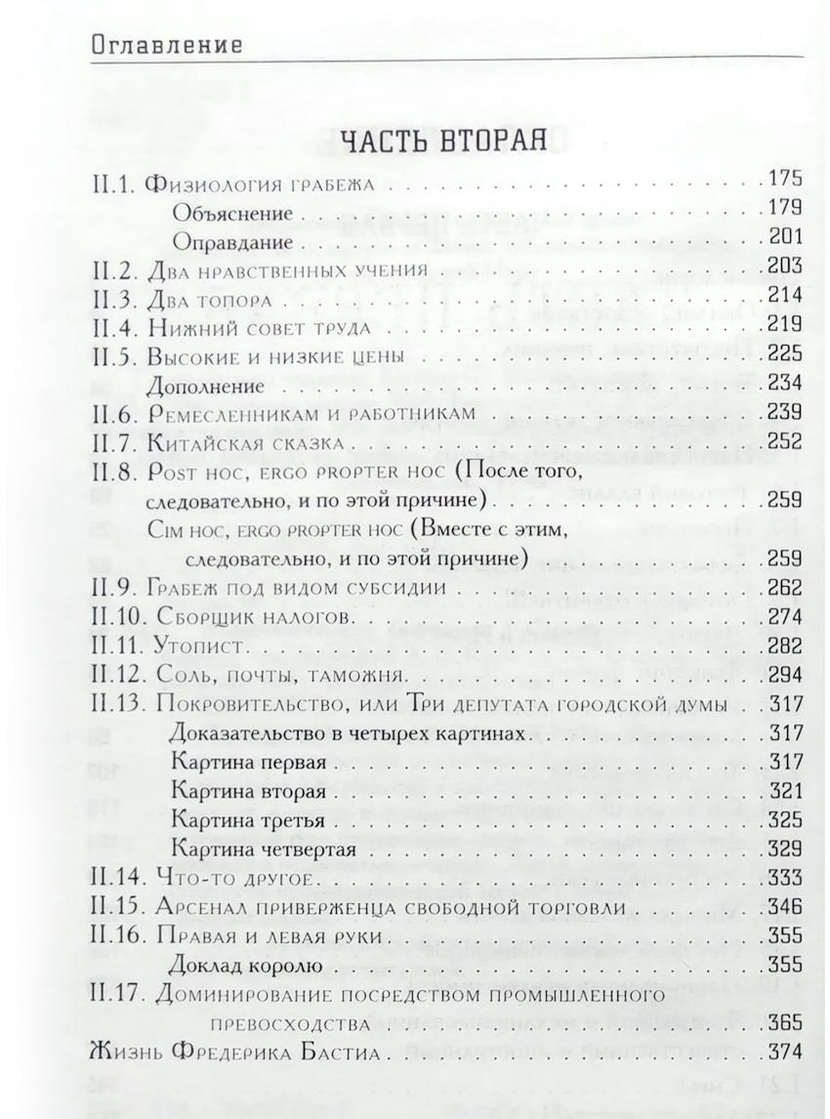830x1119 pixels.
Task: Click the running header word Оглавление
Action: (x=168, y=44)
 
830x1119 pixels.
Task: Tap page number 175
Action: (x=784, y=181)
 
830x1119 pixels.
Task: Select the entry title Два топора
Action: (x=205, y=296)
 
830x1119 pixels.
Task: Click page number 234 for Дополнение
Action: (x=784, y=382)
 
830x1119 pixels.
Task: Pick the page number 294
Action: (x=784, y=675)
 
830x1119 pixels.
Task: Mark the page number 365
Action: (x=784, y=1022)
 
